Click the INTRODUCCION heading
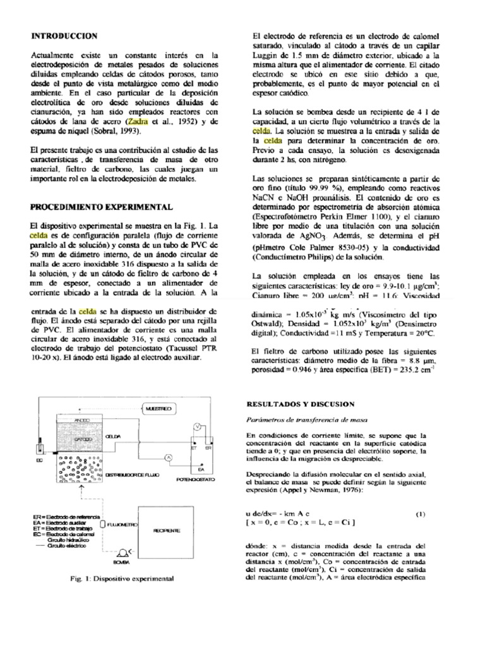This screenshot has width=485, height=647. [64, 36]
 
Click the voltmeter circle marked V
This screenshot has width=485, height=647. [197, 428]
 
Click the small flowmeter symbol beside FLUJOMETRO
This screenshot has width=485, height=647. [102, 524]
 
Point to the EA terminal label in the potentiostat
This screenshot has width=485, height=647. [200, 469]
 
